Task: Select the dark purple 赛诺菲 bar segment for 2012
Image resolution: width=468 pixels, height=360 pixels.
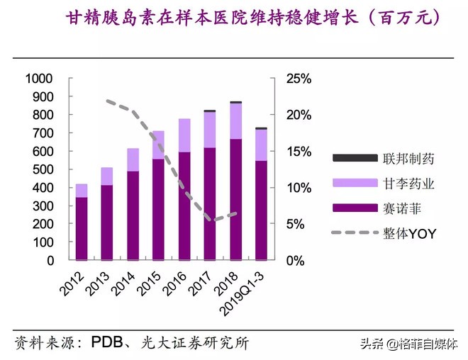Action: coord(82,228)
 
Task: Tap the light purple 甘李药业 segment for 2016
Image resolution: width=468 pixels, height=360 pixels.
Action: coord(184,135)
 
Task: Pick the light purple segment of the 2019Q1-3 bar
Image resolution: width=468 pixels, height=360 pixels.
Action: coord(261,145)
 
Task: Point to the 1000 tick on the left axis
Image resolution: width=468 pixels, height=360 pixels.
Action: coord(40,79)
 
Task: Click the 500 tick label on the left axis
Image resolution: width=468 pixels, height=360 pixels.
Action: coord(43,170)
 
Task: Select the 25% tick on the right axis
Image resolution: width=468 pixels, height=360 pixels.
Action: coord(299,79)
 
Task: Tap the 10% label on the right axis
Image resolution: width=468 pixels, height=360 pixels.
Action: coord(299,188)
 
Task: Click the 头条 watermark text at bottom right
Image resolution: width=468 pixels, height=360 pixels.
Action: coord(372,345)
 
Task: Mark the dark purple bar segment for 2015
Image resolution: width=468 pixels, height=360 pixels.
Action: coord(159,210)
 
